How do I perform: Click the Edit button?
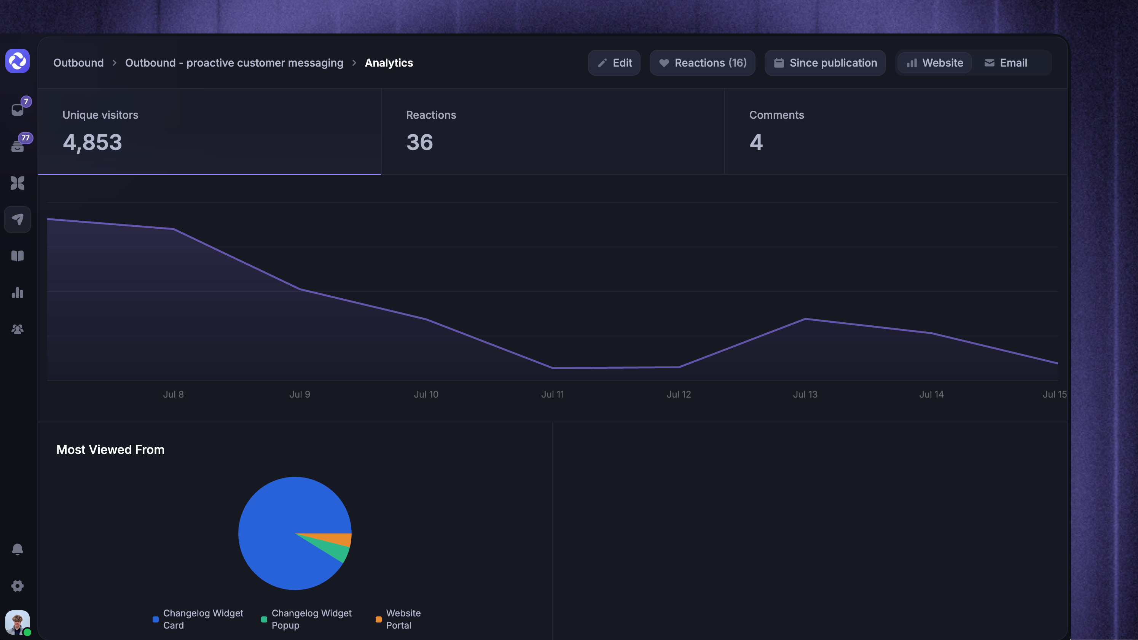click(614, 63)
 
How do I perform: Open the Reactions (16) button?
click(703, 63)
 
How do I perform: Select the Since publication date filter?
click(825, 63)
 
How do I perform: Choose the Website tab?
click(935, 63)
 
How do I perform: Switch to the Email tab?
click(1006, 63)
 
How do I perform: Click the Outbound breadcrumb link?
click(79, 63)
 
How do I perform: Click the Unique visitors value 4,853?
click(92, 143)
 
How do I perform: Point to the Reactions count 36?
click(420, 142)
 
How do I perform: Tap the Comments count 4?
click(756, 142)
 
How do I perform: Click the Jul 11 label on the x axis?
click(553, 395)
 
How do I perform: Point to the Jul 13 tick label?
click(805, 395)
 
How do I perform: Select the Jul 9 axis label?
click(300, 395)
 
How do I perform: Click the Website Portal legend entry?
click(398, 619)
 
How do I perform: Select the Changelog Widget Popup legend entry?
click(307, 619)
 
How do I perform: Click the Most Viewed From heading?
click(110, 450)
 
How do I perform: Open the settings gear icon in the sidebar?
click(18, 586)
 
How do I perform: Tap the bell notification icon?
click(18, 549)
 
